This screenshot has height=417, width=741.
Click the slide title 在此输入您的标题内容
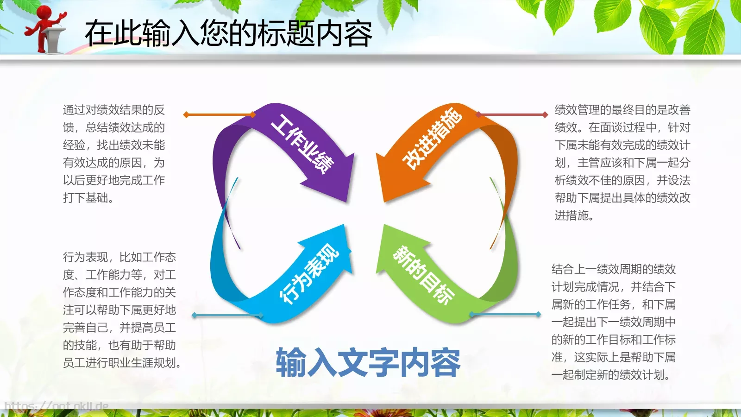228,33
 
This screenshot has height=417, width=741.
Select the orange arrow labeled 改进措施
431,139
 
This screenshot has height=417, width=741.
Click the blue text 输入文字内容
368,363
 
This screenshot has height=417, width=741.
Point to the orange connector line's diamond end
186,114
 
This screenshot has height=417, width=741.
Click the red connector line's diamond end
545,114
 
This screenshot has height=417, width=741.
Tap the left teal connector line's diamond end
195,315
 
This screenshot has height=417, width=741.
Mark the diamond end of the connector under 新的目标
538,314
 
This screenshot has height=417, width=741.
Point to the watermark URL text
56,407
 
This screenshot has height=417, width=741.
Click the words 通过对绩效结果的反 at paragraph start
114,110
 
